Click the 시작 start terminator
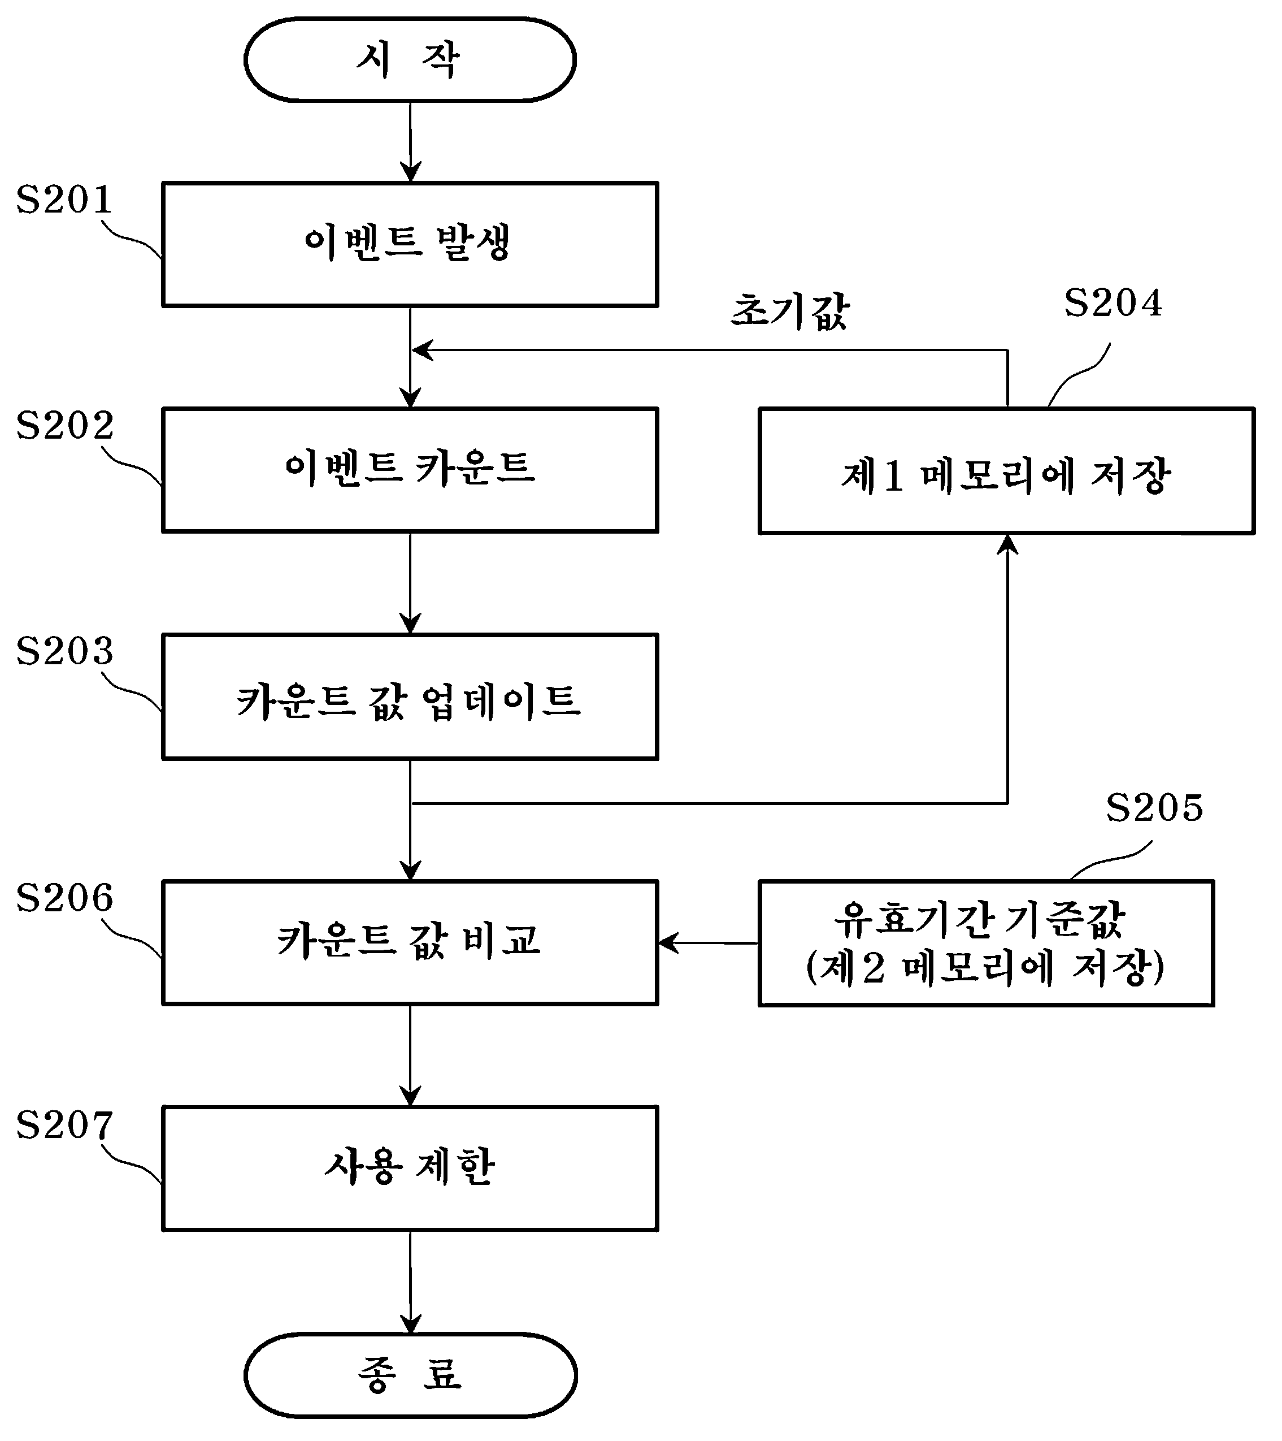(x=410, y=60)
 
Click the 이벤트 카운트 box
(x=410, y=470)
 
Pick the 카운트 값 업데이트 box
(x=410, y=697)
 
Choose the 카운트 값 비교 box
(x=410, y=942)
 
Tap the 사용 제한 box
(x=410, y=1168)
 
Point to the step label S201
(x=64, y=200)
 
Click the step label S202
(x=64, y=425)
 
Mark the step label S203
(x=64, y=651)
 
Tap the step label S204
(x=1113, y=303)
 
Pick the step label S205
(x=1154, y=807)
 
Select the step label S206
(x=64, y=898)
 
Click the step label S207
(x=64, y=1124)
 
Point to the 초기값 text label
(x=790, y=311)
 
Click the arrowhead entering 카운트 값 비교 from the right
(x=668, y=942)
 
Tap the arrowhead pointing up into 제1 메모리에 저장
(x=1008, y=544)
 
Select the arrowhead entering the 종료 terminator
(x=410, y=1322)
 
